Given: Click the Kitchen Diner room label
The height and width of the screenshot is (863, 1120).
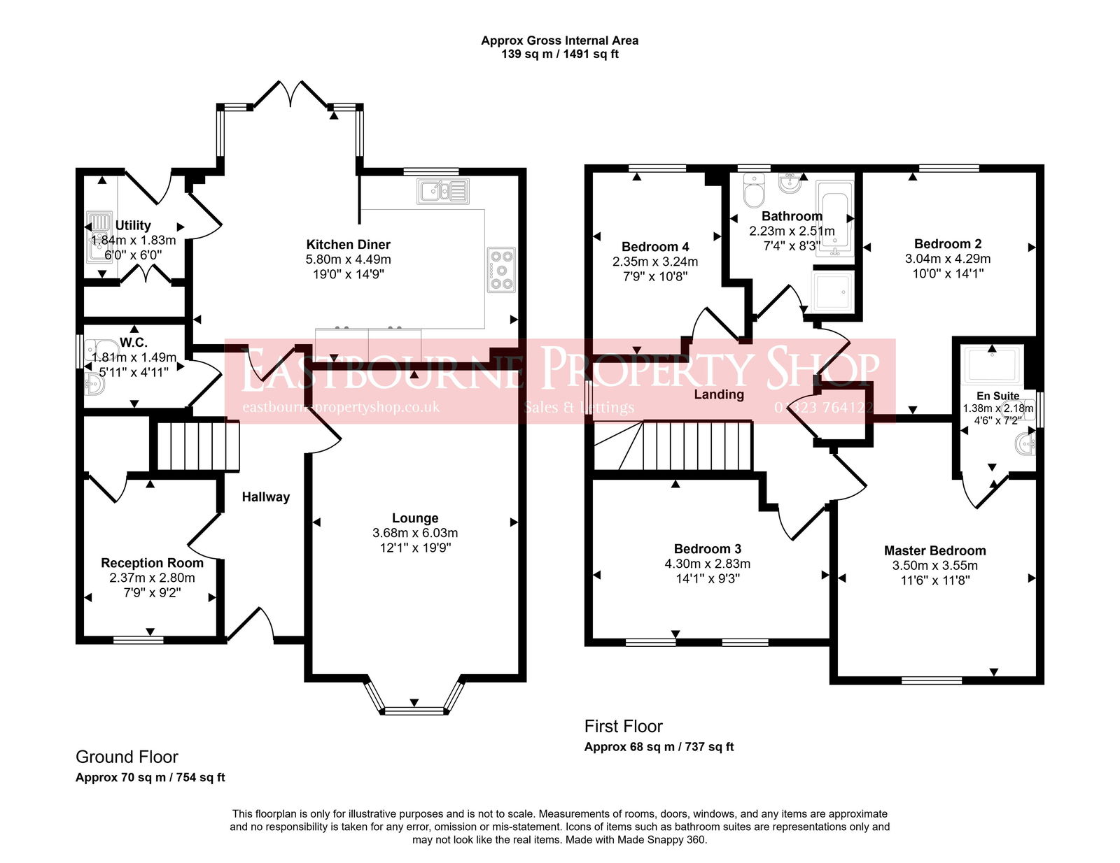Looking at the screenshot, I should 348,245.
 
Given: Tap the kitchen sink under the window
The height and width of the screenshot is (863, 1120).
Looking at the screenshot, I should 442,191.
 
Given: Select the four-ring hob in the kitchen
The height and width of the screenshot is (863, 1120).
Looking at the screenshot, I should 501,269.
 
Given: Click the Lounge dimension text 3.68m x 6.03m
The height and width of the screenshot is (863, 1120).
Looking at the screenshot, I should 415,533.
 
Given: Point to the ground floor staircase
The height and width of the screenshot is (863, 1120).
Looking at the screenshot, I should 197,445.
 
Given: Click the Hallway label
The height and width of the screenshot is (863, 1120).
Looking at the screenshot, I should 265,497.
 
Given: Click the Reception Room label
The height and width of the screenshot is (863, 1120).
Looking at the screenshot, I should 152,563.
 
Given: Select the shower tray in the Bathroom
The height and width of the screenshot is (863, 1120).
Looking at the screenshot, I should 832,290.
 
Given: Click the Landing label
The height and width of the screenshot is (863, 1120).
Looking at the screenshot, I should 719,394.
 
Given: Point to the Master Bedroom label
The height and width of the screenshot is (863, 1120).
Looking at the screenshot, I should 934,551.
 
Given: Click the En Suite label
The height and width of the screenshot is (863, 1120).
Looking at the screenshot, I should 997,396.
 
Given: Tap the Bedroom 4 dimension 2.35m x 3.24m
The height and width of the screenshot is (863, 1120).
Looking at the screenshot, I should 654,262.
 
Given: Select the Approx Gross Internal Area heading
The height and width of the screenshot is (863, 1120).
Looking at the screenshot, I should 559,41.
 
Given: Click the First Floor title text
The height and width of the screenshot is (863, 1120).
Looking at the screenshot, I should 623,726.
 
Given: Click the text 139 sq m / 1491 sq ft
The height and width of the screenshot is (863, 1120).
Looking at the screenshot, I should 559,54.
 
